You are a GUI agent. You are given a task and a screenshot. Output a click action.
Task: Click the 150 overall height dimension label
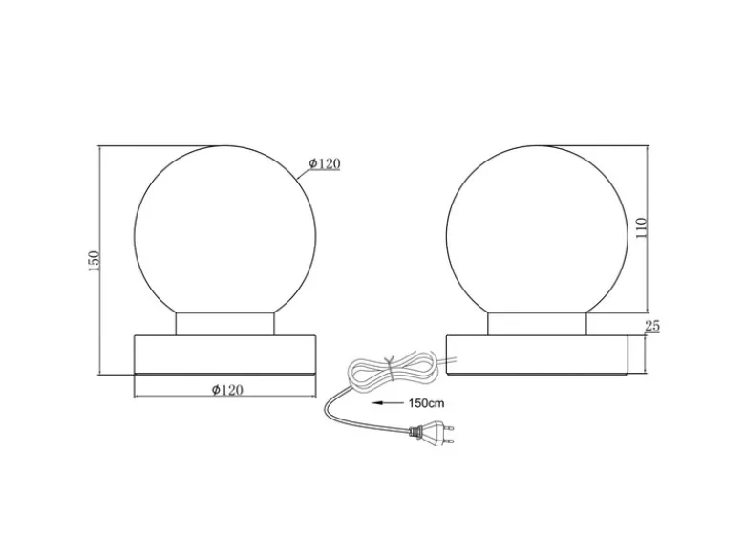(x=94, y=261)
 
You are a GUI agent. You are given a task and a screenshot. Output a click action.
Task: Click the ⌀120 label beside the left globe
(x=325, y=163)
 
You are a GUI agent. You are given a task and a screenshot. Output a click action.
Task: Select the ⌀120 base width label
(x=227, y=390)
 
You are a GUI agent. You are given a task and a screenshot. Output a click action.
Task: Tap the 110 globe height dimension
(x=642, y=228)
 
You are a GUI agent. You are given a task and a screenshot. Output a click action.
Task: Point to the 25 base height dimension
(x=652, y=326)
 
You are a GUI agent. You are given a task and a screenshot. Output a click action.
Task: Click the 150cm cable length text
(x=426, y=403)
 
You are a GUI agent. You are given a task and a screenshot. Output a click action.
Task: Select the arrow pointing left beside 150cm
(x=386, y=403)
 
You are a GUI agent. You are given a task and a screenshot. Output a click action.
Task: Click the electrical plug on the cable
(x=431, y=433)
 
